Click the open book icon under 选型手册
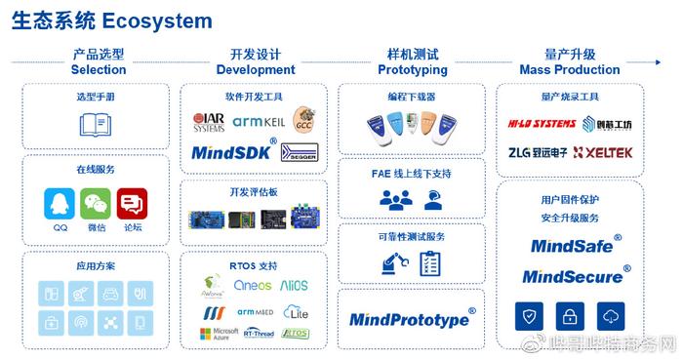pyautogui.click(x=96, y=126)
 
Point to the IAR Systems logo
pyautogui.click(x=208, y=121)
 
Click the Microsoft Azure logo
pyautogui.click(x=217, y=335)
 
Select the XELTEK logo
pyautogui.click(x=603, y=152)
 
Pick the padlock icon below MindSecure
pyautogui.click(x=569, y=315)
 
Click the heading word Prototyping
pyautogui.click(x=412, y=70)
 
